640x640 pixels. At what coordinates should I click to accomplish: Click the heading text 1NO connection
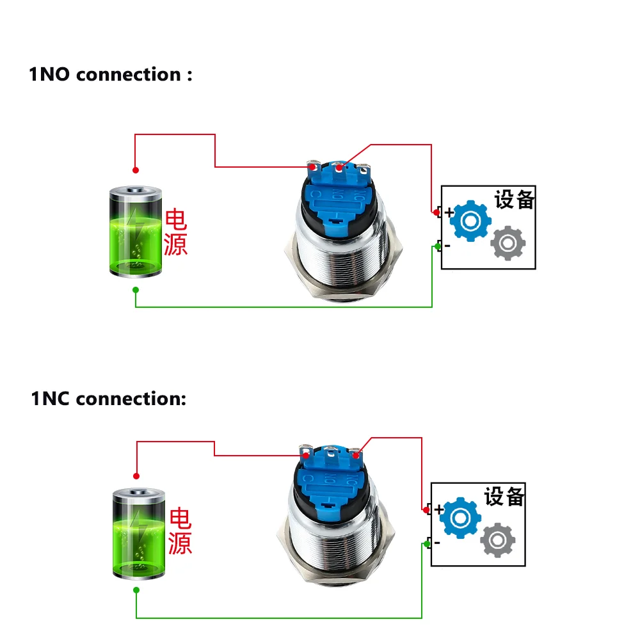[110, 74]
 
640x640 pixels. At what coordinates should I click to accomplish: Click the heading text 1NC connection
[108, 399]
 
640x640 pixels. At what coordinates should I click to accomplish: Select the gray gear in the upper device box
[508, 244]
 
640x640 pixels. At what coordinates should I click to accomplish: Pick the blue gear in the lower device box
[461, 517]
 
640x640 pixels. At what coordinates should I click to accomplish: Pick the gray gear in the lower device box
[498, 540]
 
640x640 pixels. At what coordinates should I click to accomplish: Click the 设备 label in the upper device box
[514, 200]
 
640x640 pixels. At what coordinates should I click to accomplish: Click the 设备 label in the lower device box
[504, 497]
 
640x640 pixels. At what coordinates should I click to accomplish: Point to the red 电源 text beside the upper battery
[175, 232]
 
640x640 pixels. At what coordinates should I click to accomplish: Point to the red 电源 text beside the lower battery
[180, 531]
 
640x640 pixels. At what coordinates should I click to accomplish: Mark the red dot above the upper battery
[136, 170]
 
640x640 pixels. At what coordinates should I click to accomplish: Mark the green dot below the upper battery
[136, 290]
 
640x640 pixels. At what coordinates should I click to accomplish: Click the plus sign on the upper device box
[449, 212]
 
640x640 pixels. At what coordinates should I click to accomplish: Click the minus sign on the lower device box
[437, 543]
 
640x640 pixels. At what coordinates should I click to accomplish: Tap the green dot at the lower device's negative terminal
[427, 544]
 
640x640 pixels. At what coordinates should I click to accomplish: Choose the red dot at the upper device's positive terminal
[436, 212]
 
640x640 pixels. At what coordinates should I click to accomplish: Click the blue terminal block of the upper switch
[337, 196]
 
